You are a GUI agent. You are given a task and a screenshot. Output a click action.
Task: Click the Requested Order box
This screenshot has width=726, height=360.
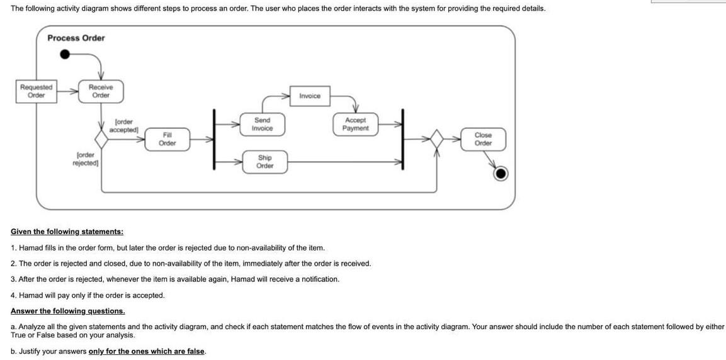click(x=36, y=91)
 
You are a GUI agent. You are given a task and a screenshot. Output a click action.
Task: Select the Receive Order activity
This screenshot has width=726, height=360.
click(x=101, y=91)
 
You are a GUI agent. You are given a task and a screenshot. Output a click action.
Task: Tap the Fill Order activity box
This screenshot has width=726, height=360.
click(x=167, y=139)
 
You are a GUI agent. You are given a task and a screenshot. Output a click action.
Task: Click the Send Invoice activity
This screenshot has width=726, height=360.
click(x=262, y=124)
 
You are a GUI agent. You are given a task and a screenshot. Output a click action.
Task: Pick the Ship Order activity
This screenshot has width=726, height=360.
click(x=264, y=162)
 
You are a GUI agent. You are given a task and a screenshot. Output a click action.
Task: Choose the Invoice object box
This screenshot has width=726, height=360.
click(x=309, y=96)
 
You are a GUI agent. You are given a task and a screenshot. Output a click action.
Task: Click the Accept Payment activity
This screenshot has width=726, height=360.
click(x=355, y=124)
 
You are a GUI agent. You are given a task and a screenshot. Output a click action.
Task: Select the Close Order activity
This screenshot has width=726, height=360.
click(x=483, y=139)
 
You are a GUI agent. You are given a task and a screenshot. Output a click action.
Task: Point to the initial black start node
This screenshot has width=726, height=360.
click(x=65, y=54)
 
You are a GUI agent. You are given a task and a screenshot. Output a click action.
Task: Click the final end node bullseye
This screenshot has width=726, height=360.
click(x=501, y=173)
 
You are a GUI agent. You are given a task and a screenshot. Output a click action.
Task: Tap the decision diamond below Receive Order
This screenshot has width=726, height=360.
click(x=101, y=139)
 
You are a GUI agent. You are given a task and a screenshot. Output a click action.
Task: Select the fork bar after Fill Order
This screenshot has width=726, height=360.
click(x=215, y=140)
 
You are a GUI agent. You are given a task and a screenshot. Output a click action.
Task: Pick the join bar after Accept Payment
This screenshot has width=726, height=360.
click(x=404, y=140)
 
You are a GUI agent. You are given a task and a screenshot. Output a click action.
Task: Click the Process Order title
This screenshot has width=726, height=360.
click(x=76, y=38)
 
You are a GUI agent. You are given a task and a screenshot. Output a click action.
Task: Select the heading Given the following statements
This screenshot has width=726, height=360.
click(x=67, y=232)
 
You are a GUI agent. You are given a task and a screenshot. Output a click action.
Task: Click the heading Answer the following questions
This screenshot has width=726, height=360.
click(x=67, y=311)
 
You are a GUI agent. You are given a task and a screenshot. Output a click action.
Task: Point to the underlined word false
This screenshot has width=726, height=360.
click(x=195, y=351)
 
